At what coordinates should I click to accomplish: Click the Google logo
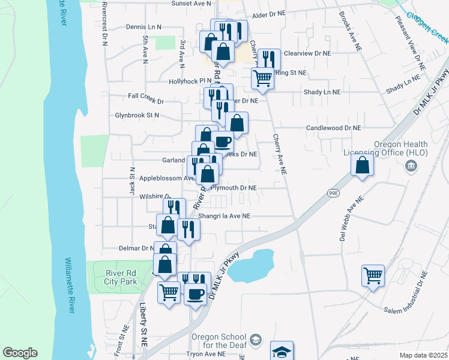click(20, 353)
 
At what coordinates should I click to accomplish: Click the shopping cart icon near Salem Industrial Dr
click(373, 276)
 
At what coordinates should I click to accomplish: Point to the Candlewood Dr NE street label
click(333, 128)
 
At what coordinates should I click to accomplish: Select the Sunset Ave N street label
click(191, 3)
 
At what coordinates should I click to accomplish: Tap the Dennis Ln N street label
click(144, 27)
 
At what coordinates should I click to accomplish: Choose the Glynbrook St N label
click(137, 115)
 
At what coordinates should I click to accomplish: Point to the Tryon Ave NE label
click(205, 355)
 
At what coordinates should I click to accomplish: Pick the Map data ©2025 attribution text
click(423, 355)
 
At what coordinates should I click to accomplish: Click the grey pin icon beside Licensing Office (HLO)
click(411, 165)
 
